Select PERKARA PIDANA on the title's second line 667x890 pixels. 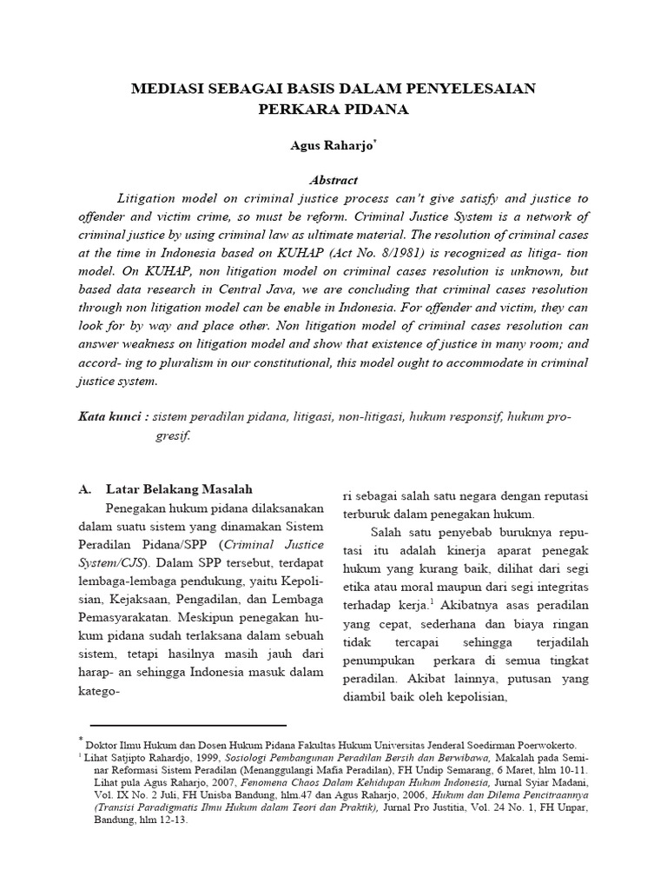(x=333, y=110)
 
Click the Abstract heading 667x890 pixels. (x=333, y=180)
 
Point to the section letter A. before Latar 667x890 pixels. (x=85, y=489)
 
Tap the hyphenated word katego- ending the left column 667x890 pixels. (x=98, y=691)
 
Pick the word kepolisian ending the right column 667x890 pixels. (x=478, y=696)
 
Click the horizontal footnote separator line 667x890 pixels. (x=188, y=724)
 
